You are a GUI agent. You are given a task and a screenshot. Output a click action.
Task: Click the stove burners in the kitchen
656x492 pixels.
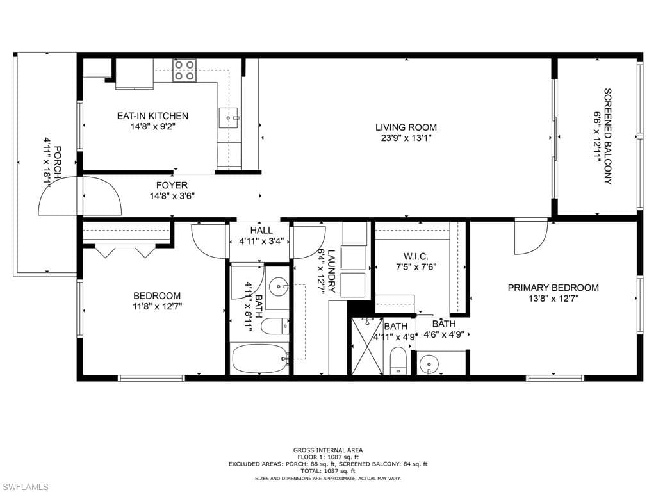(184, 70)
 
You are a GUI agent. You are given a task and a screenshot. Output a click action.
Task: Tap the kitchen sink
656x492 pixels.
(228, 118)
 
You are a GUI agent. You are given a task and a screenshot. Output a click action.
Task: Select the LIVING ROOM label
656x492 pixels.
(406, 127)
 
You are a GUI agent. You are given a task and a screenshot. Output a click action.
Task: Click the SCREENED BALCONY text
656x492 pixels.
(607, 136)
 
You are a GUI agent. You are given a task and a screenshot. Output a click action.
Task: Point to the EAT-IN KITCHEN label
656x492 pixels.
(152, 116)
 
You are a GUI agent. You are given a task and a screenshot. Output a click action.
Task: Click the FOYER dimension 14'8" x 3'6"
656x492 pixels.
(172, 196)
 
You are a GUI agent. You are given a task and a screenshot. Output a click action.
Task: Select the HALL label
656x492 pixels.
(261, 230)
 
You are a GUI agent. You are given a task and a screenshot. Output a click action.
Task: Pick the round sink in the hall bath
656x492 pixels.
(277, 287)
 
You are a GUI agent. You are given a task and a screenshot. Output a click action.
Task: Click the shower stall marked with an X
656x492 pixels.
(367, 347)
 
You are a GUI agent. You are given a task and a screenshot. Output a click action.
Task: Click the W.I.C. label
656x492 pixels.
(416, 256)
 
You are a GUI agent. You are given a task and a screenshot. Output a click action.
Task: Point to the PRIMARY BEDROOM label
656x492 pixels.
(553, 288)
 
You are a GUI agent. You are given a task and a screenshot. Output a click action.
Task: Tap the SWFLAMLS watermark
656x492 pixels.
(25, 487)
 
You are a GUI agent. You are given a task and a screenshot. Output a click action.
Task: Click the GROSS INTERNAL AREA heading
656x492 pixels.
(328, 450)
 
